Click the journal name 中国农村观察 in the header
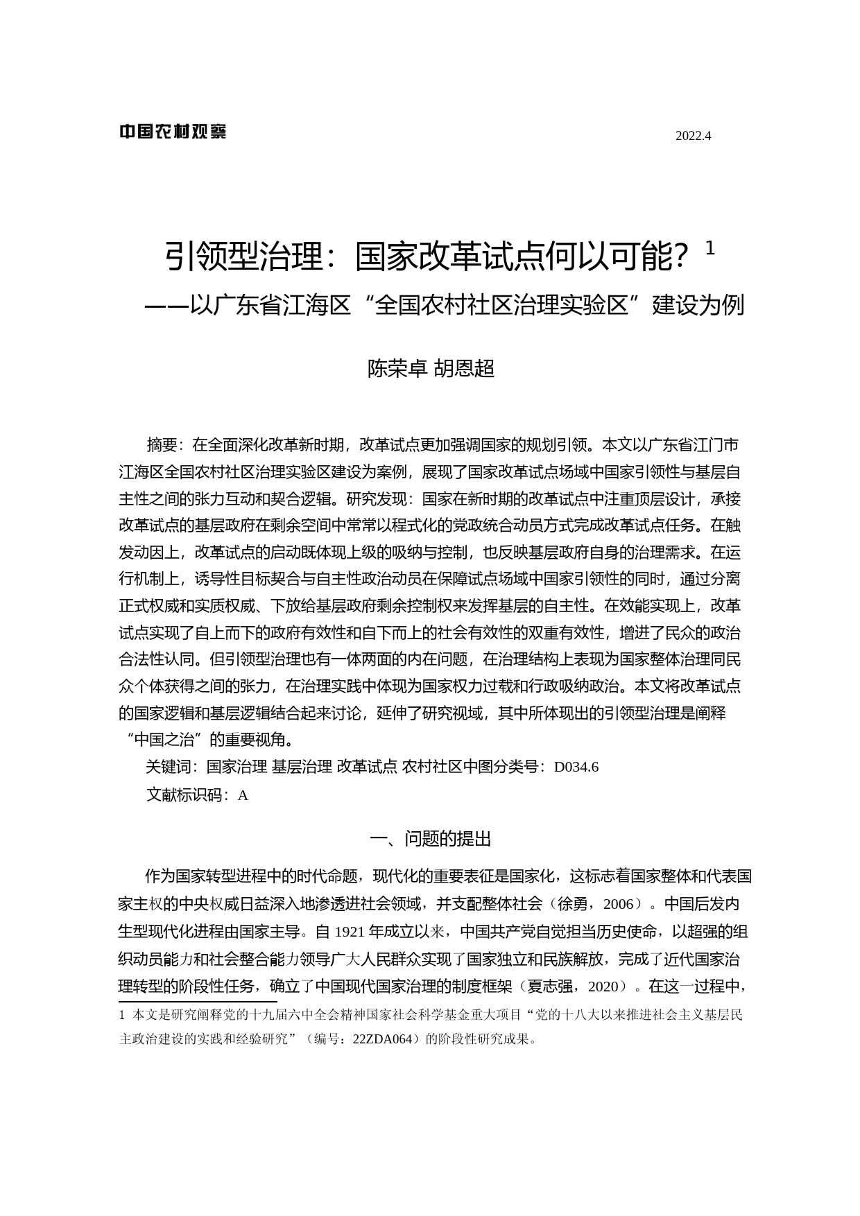[173, 132]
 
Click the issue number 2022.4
[693, 136]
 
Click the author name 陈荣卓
[397, 369]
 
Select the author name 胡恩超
[464, 369]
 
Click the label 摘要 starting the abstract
[162, 444]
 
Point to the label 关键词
[168, 767]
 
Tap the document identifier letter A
[243, 796]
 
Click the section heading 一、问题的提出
[430, 839]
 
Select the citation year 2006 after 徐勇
[619, 904]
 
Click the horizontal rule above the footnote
[198, 1002]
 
